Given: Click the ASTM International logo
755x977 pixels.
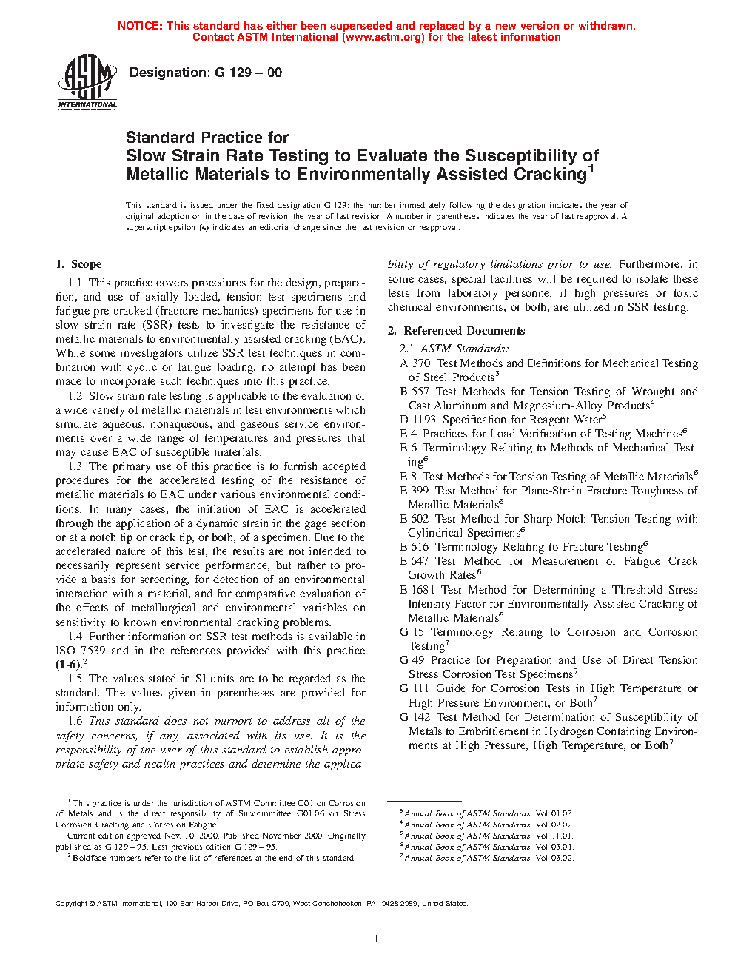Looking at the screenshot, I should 87,81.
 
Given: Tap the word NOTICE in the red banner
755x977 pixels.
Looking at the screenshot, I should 140,26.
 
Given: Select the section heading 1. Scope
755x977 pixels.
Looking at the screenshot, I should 78,264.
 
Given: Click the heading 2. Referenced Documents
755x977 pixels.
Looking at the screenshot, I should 456,331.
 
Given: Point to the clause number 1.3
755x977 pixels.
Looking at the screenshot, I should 75,466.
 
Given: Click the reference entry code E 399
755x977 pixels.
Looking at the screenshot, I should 414,491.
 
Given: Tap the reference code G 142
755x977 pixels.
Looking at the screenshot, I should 415,717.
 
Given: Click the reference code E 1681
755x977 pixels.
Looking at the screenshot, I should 417,590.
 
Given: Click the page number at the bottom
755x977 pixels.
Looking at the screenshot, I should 377,939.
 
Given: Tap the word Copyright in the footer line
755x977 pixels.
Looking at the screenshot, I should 72,903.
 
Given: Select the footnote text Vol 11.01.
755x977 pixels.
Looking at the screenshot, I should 554,836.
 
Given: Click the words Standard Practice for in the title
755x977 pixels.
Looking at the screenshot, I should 207,138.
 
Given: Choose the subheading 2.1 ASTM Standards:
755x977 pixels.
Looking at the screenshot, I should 454,349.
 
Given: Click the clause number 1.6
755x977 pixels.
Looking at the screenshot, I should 75,721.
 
